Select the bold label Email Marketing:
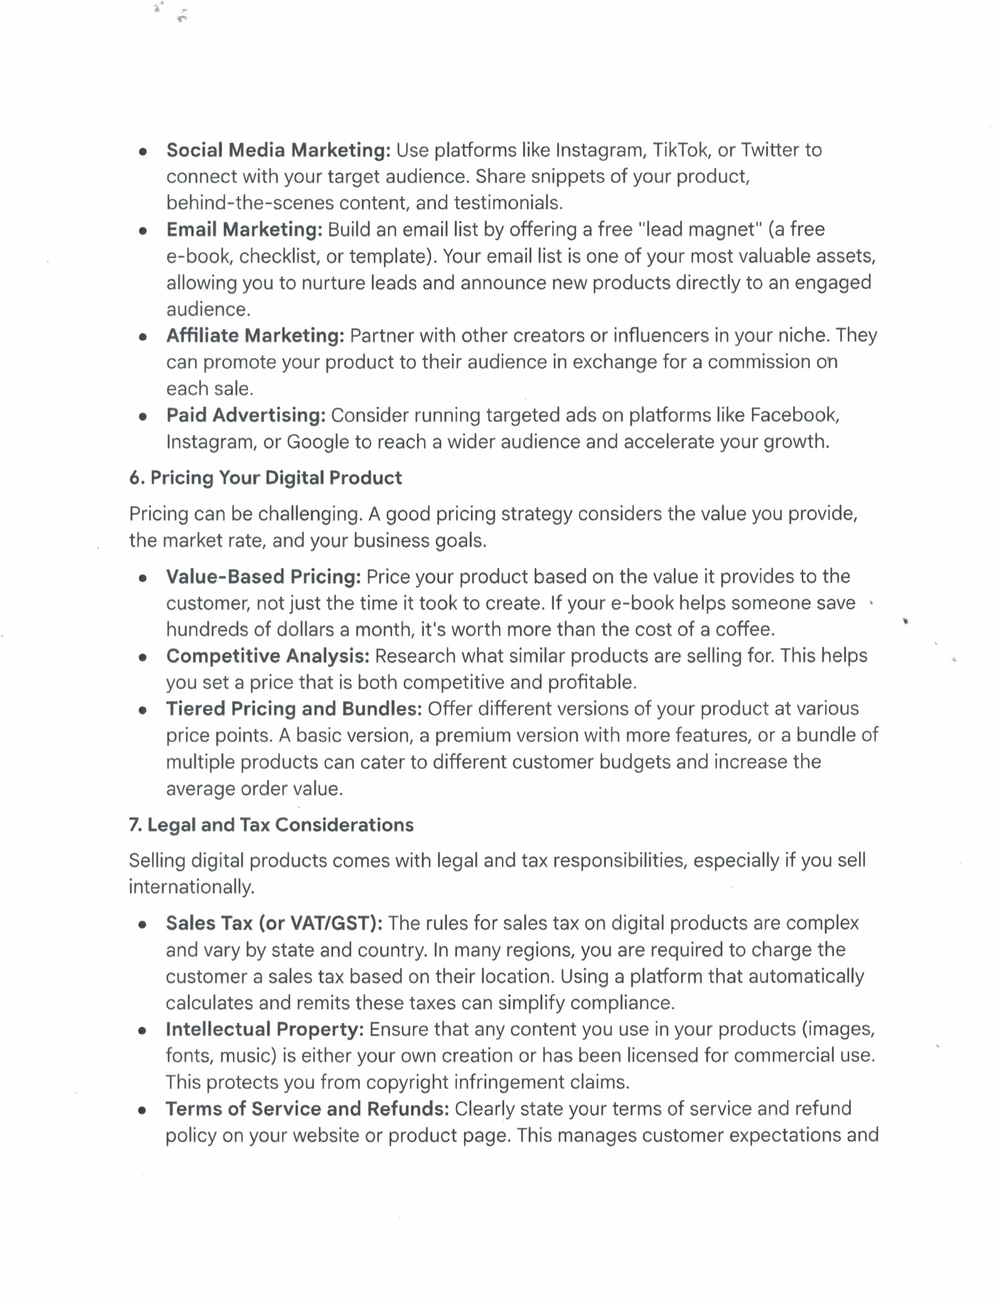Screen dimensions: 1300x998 [x=244, y=229]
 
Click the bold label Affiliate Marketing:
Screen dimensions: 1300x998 [x=255, y=336]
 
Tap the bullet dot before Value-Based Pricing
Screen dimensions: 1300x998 [x=143, y=577]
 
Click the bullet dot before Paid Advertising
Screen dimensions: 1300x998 [x=143, y=416]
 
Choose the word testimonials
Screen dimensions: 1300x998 [x=508, y=203]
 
